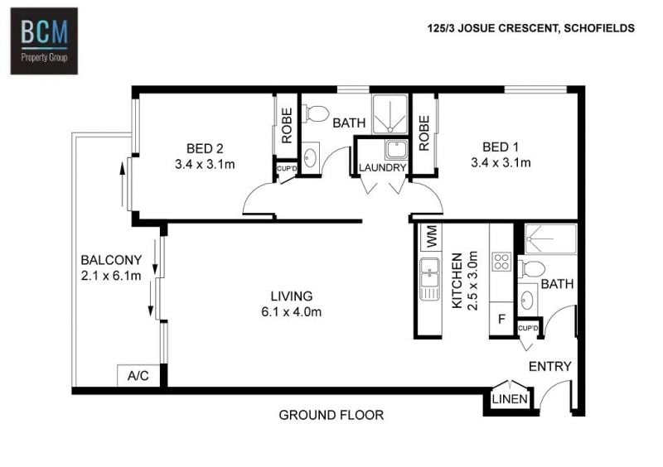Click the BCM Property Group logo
[x=44, y=41]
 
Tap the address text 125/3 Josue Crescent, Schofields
[x=531, y=28]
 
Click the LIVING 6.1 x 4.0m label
[x=292, y=304]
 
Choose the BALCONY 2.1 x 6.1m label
[x=111, y=267]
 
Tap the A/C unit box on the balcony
[x=138, y=375]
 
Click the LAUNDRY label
[x=382, y=168]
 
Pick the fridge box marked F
[x=501, y=319]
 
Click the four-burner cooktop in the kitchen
[x=501, y=261]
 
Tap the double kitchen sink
[x=429, y=278]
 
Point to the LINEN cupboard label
[x=510, y=399]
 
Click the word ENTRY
[x=550, y=367]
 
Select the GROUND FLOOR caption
[x=331, y=415]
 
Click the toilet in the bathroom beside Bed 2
[x=317, y=113]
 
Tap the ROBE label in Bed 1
[x=424, y=133]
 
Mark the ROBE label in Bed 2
[x=287, y=126]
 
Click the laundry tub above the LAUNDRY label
[x=396, y=150]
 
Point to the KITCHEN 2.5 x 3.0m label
[x=465, y=281]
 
